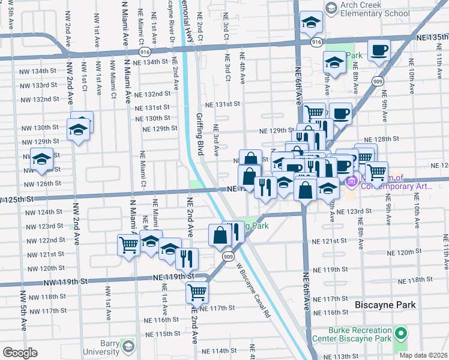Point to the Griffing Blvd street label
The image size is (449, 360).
point(200,136)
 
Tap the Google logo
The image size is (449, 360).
point(20,353)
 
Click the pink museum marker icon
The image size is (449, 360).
point(352,180)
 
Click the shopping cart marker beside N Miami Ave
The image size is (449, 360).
point(129,245)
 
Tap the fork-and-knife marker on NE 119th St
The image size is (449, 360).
point(187,258)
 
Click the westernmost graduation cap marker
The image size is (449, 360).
point(41,159)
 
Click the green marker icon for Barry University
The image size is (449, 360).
point(127,346)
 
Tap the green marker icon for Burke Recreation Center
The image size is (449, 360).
point(400,332)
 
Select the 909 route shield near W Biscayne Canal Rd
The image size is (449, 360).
point(228,257)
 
